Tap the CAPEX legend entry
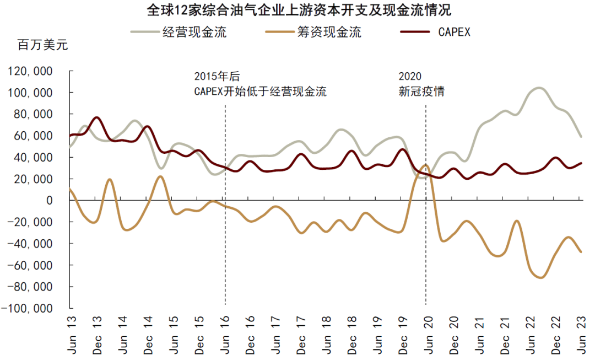point(435,31)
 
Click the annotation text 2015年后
point(217,76)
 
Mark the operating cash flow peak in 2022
point(538,88)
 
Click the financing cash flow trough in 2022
point(539,277)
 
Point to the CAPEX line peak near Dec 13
point(96,117)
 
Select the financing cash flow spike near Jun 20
point(425,165)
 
